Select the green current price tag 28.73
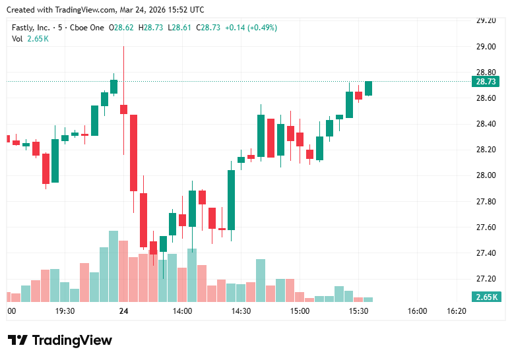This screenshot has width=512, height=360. (x=485, y=82)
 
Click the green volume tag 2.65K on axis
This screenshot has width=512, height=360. (x=485, y=297)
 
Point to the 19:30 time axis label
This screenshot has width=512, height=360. (x=65, y=311)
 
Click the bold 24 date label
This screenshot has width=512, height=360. (x=123, y=311)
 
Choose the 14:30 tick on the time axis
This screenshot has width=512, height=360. (x=241, y=311)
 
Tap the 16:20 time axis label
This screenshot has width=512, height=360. (x=457, y=311)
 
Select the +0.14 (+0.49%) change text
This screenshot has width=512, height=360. (x=251, y=28)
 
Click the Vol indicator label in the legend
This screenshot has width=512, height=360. (x=17, y=39)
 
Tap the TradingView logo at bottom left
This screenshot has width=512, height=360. (x=60, y=340)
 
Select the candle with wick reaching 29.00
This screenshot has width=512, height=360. (x=123, y=109)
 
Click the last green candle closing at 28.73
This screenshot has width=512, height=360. (x=368, y=88)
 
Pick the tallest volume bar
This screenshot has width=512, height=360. (x=113, y=266)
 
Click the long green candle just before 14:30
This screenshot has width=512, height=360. (x=232, y=200)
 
